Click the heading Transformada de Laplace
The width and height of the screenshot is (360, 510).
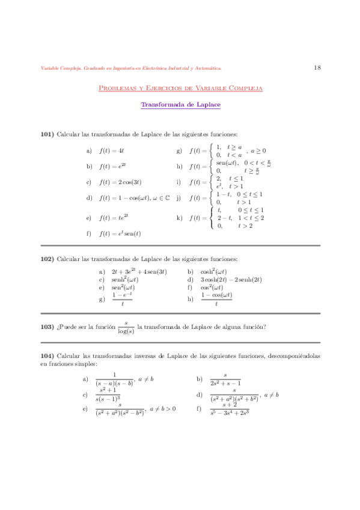(x=180, y=105)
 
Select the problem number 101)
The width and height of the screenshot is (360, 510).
(x=47, y=134)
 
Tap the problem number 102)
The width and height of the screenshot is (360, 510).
(x=47, y=258)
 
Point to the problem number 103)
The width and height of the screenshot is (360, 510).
(x=47, y=327)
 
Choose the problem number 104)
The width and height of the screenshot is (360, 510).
(x=47, y=356)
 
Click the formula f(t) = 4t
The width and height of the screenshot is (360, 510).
(x=111, y=150)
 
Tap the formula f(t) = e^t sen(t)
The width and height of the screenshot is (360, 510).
(x=120, y=232)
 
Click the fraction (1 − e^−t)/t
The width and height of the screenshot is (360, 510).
(x=122, y=299)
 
